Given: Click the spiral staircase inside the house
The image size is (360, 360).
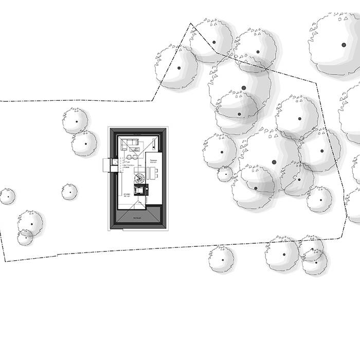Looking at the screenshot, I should (139, 179).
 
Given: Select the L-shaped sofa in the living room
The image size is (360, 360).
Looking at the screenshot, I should (130, 145).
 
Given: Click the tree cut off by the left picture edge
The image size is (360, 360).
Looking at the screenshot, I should (7, 196).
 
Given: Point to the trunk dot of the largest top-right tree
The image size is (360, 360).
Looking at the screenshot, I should (344, 45).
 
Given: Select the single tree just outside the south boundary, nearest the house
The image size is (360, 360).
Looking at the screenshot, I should (221, 258).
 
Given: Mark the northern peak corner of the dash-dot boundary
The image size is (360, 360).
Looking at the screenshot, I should (190, 23).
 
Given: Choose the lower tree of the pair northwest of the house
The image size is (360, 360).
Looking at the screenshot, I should (84, 143).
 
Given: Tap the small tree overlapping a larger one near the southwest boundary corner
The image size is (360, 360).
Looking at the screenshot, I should (25, 237).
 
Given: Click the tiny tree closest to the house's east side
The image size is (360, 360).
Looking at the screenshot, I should (225, 174).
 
